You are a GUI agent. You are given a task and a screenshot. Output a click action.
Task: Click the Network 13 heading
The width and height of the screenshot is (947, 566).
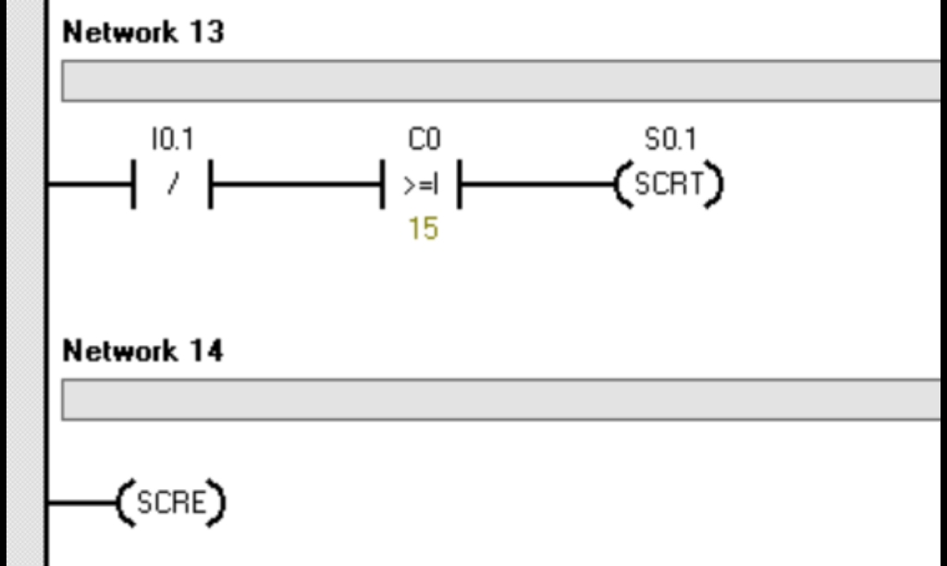tap(142, 32)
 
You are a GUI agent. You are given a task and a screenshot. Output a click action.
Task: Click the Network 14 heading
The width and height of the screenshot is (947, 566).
tap(142, 351)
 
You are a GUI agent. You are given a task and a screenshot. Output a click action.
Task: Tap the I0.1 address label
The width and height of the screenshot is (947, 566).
tap(172, 140)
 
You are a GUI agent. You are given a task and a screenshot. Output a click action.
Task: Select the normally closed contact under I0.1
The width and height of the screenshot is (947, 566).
tap(172, 184)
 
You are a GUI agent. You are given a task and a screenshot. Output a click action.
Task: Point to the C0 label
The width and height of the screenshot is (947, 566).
tap(424, 140)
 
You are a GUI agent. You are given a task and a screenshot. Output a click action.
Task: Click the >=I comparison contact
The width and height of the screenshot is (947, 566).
tap(422, 185)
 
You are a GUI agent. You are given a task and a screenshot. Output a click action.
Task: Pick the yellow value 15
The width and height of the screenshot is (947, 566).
tap(423, 228)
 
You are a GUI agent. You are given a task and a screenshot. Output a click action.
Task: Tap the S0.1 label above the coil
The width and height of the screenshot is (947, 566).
tap(670, 140)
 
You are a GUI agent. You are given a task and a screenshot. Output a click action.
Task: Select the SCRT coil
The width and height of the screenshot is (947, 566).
tap(669, 184)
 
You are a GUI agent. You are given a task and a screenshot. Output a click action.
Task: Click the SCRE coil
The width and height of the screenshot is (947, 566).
tap(171, 502)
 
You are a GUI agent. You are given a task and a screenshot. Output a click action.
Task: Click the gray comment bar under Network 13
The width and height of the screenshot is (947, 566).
tap(499, 81)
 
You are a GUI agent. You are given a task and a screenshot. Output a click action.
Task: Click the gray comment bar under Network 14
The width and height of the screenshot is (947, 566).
tap(499, 400)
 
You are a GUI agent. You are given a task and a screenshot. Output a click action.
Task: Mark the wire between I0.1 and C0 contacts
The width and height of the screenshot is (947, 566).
tap(296, 184)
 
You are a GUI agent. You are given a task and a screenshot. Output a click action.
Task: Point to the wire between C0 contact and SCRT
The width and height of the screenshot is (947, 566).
tap(536, 184)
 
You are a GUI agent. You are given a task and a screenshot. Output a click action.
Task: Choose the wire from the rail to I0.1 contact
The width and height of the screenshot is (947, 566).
tap(89, 184)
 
